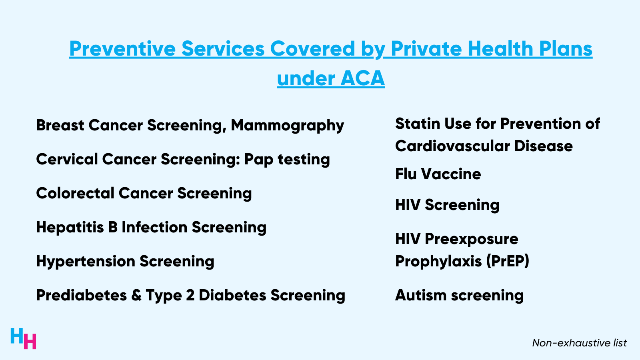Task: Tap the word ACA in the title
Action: coord(363,78)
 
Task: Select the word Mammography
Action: coord(287,126)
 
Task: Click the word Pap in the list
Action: coord(258,160)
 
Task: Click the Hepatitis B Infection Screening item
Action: coord(151,227)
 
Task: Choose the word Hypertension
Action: coord(85,262)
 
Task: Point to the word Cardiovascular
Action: coord(452,146)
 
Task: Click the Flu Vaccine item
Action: coord(438,174)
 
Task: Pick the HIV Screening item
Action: coord(447,205)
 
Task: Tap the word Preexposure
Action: coord(471,239)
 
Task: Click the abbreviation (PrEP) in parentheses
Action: coord(508,261)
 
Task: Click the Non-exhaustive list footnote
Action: coord(579,343)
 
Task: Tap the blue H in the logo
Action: coord(17,336)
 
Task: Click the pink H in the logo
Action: coord(30,341)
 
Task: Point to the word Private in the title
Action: coord(426,49)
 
